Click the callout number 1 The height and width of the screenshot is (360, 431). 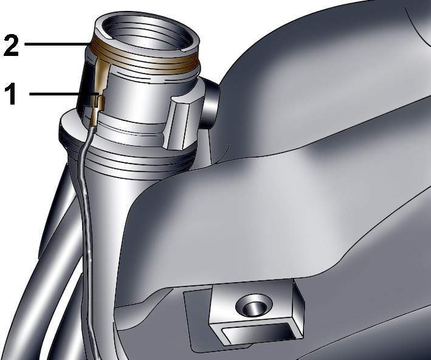pos(12,94)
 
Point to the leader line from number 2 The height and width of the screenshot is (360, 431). pos(57,44)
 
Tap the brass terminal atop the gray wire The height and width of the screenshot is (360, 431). pos(94,118)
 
